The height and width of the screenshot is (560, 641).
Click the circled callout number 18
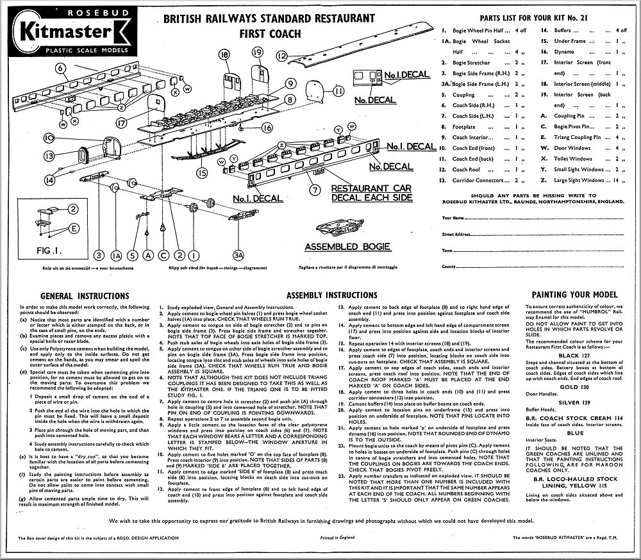pos(224,56)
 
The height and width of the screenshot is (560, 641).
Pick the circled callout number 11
pos(338,92)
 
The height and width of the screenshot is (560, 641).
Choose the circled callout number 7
pos(314,190)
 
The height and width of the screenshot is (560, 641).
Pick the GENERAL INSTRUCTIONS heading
pos(85,295)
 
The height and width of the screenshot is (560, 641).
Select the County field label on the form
pos(449,266)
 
